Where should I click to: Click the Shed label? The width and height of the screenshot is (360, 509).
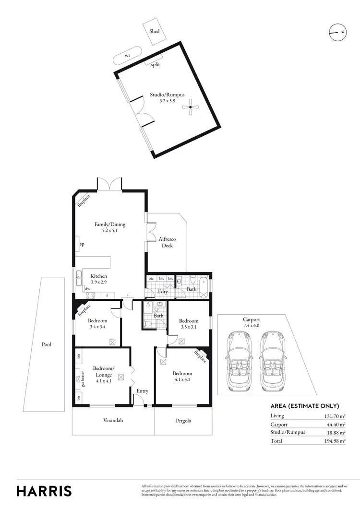(x=154, y=31)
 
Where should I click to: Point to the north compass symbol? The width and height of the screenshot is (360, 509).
(x=337, y=32)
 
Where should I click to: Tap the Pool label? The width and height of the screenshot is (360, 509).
(x=46, y=344)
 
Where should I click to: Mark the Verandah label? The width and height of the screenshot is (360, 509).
(x=113, y=420)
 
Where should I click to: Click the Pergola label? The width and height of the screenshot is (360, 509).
(x=183, y=421)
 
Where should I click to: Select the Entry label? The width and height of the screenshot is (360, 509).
(x=142, y=391)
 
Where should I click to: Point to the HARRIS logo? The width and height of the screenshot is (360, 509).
(x=44, y=491)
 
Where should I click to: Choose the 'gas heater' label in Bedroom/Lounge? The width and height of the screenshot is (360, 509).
(x=83, y=379)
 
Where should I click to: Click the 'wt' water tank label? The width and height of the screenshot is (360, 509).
(x=127, y=56)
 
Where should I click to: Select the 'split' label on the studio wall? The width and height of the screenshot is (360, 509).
(x=156, y=64)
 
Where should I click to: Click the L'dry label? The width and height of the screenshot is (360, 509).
(x=162, y=291)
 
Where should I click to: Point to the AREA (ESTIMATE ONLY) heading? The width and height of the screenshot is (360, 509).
(x=305, y=405)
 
